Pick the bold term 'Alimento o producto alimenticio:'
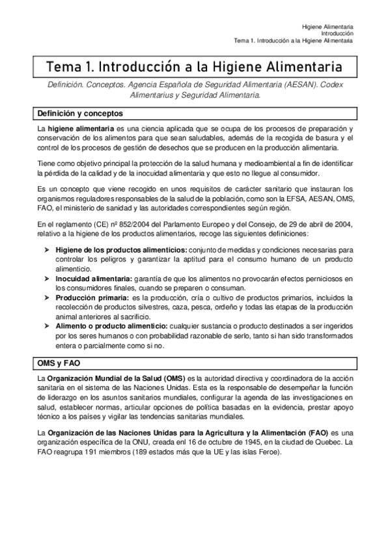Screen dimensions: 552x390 (x=111, y=325)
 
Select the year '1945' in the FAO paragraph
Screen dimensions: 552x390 (x=236, y=443)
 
